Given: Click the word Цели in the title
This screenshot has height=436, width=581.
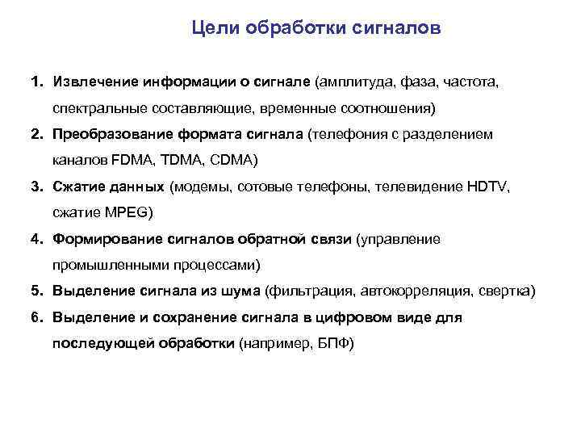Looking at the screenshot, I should (x=214, y=29).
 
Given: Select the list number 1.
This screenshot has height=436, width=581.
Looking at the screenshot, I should (x=36, y=82).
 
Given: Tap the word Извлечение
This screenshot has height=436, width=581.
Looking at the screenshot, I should (x=94, y=82).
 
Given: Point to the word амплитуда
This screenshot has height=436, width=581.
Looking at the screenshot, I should (x=356, y=82).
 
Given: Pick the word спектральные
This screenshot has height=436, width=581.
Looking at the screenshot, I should (x=100, y=107).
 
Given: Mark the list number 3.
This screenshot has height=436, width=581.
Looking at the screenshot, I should (x=36, y=187).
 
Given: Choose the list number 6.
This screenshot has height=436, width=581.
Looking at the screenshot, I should (x=36, y=317).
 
